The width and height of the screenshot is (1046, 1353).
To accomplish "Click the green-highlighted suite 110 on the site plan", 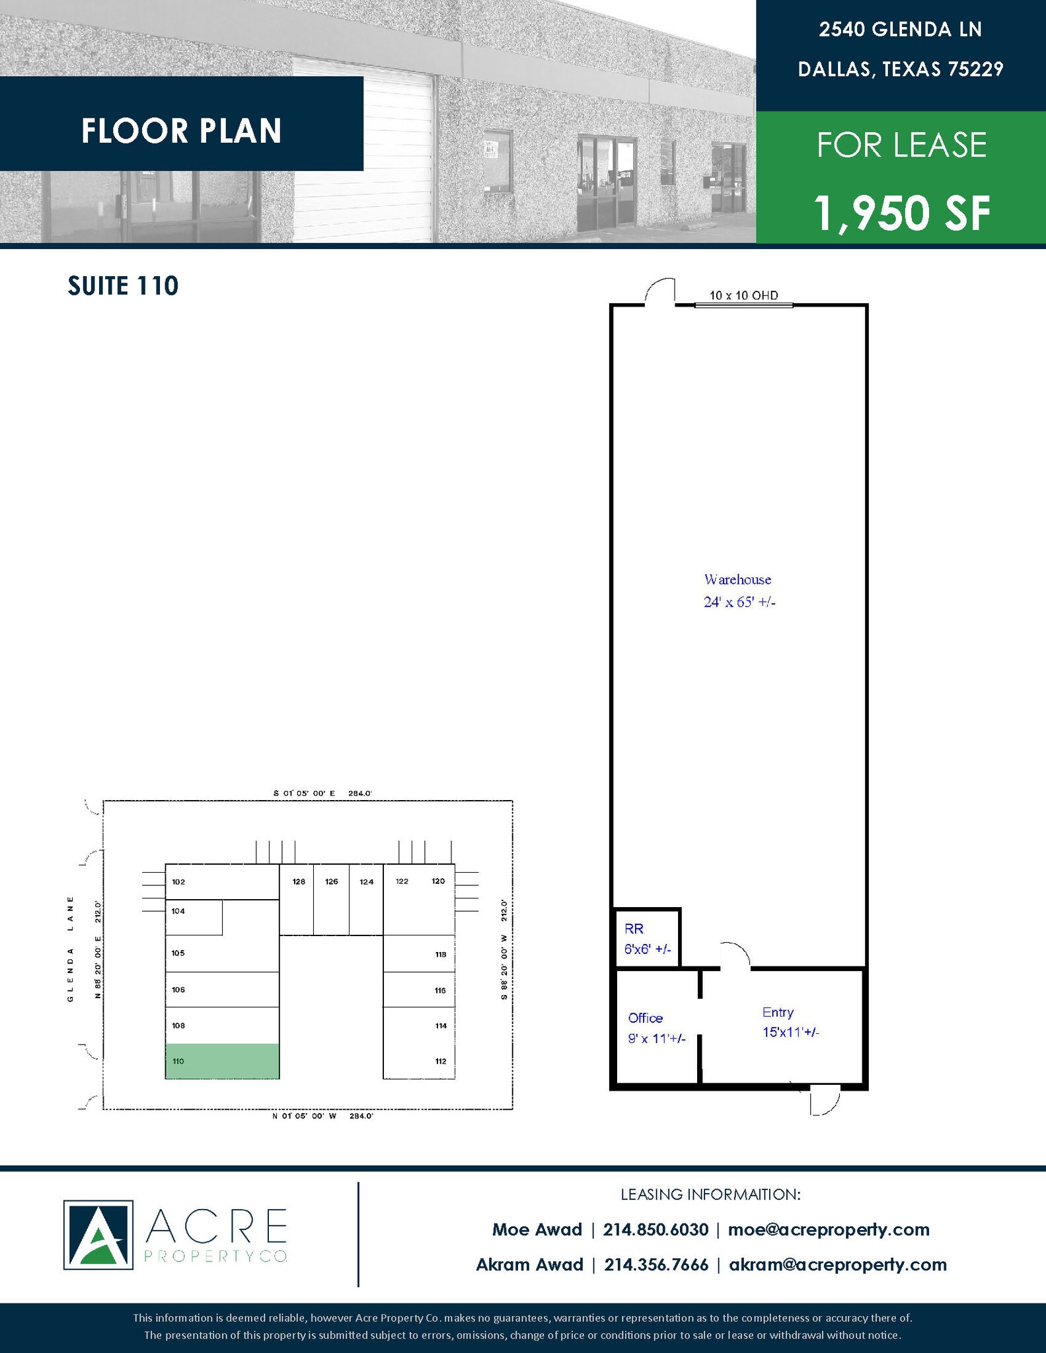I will point(222,1061).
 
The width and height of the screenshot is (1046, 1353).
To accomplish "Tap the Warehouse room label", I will point(737,580).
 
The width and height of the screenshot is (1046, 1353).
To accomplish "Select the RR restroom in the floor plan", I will point(647,938).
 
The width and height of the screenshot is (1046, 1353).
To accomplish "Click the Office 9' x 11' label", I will point(656,1028).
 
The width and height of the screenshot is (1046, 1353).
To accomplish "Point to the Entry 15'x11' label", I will point(790,1022).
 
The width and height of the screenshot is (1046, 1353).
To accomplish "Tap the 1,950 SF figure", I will point(902,213).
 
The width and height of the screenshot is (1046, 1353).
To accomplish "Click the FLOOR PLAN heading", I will point(182,131).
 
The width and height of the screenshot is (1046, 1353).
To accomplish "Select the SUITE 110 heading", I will point(124,286).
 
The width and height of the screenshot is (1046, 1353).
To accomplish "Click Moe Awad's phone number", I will point(656,1229).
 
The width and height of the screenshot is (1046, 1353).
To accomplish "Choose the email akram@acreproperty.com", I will point(837,1264).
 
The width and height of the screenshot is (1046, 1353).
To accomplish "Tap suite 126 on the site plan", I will point(331,898).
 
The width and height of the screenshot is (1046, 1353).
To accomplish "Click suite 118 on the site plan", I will point(419,954).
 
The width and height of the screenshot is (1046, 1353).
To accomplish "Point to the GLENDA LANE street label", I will point(70,949).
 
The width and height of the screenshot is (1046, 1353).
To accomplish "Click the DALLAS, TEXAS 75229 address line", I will point(901,69).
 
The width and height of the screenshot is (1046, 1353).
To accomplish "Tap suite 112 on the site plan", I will point(419,1062).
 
